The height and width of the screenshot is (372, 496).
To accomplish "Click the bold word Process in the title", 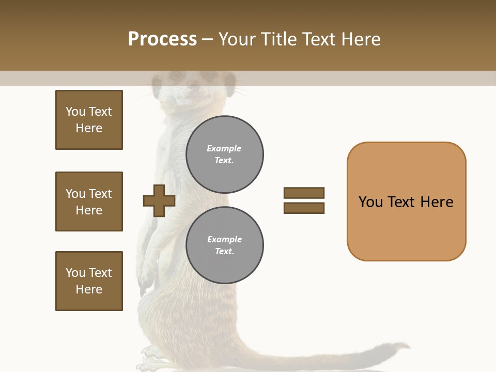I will (162, 39).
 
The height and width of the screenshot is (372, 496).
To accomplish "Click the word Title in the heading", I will (279, 39).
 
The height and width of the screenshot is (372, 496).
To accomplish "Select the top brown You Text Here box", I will (89, 120).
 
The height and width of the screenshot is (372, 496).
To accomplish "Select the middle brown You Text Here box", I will (89, 202).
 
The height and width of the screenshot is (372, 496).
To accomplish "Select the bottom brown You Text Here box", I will (89, 281).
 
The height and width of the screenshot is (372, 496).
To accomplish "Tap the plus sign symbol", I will (159, 200).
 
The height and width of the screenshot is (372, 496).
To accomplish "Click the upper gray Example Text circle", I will (224, 154).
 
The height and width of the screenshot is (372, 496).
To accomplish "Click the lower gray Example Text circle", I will (224, 245).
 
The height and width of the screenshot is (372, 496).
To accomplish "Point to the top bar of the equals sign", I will (304, 193).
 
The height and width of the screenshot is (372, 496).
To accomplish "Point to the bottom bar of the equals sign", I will (304, 208).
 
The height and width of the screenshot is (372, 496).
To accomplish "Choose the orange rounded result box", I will (406, 202).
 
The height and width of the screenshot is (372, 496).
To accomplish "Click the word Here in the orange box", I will (437, 202).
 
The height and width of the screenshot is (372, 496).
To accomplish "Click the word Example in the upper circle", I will (224, 148).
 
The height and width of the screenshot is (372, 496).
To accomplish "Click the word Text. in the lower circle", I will (224, 252).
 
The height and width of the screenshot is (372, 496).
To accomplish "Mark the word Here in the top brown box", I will (89, 128).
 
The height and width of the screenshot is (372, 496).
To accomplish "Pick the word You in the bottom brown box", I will (75, 273).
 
